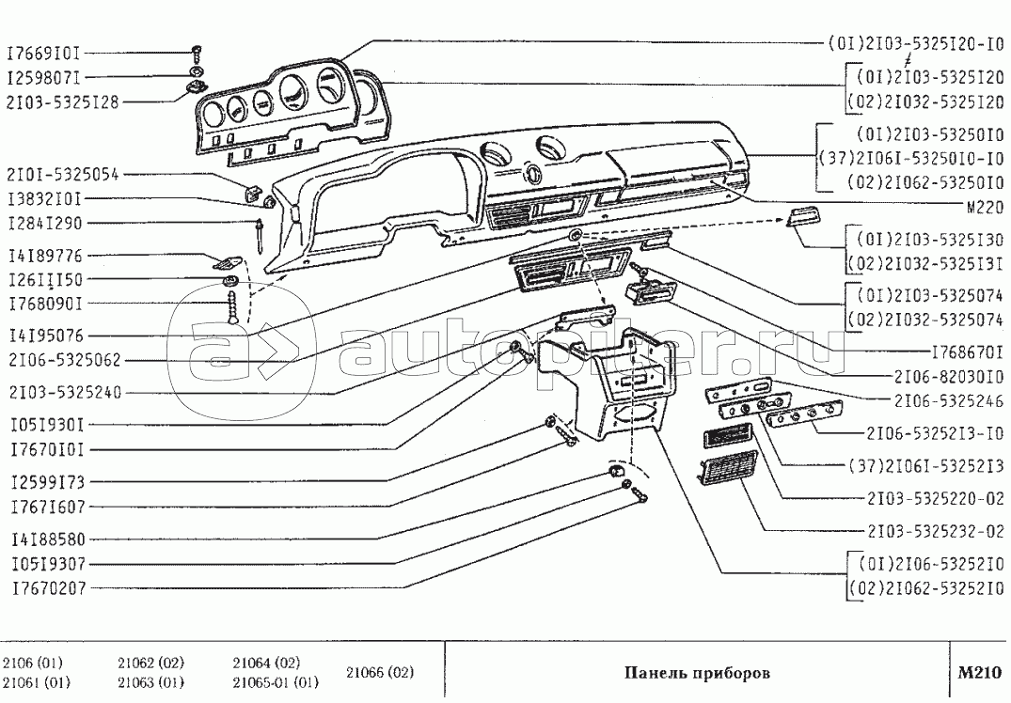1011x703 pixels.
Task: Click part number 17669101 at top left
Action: (46, 53)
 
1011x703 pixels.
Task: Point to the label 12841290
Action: (46, 224)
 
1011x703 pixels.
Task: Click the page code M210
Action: (979, 673)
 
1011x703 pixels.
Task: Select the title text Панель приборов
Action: (697, 674)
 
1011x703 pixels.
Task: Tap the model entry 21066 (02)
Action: (380, 673)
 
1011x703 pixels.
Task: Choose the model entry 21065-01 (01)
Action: (276, 682)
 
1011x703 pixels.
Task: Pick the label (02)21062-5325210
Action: (925, 590)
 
